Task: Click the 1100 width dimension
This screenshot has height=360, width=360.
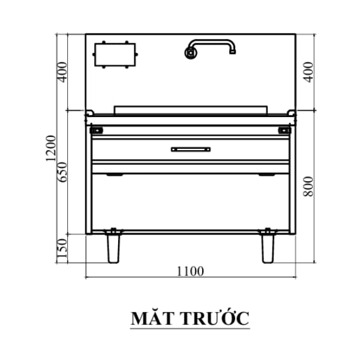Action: point(190,271)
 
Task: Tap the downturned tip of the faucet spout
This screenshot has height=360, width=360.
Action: point(232,52)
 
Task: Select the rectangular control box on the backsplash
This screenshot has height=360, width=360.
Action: point(115,56)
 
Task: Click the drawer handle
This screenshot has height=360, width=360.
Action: point(190,149)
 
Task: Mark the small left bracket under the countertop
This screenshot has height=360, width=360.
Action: point(97,130)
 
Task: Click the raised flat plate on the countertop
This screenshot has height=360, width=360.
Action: point(190,109)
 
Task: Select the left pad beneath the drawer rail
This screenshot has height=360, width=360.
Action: point(114,175)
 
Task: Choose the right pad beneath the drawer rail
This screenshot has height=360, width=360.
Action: point(266,175)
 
